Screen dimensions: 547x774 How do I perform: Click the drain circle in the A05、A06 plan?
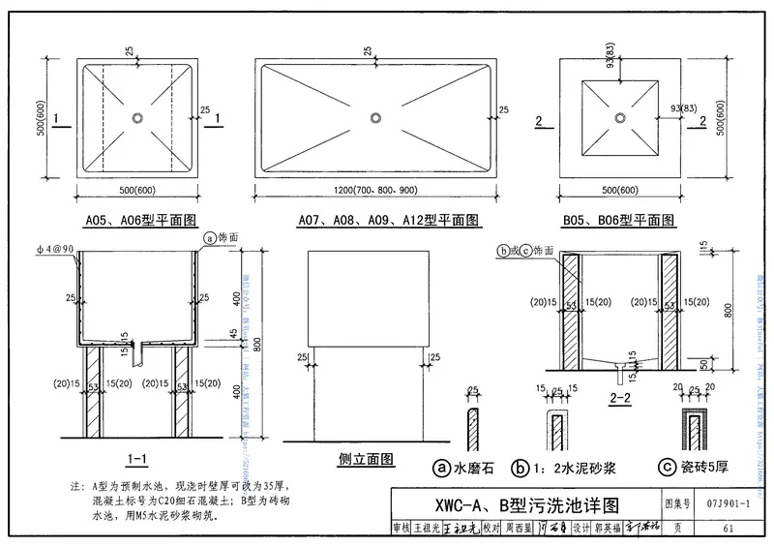click(138, 117)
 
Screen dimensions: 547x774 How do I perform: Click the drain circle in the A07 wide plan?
click(375, 117)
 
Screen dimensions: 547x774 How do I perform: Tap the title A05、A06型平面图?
click(138, 221)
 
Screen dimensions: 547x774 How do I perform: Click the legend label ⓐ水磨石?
click(466, 469)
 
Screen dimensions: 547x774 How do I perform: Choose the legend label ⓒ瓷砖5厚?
click(692, 469)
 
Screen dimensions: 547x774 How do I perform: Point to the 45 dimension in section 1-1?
click(231, 334)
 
